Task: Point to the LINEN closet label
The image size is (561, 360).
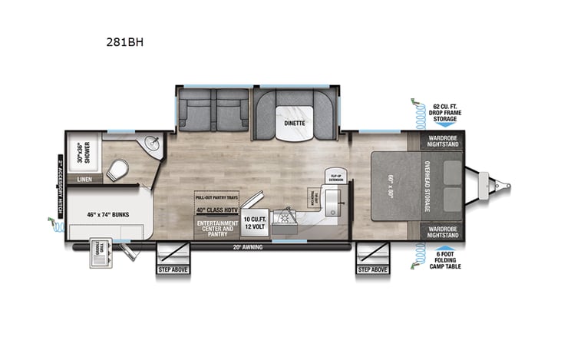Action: coord(85,180)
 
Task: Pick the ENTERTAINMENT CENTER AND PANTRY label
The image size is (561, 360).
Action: coord(217,228)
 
